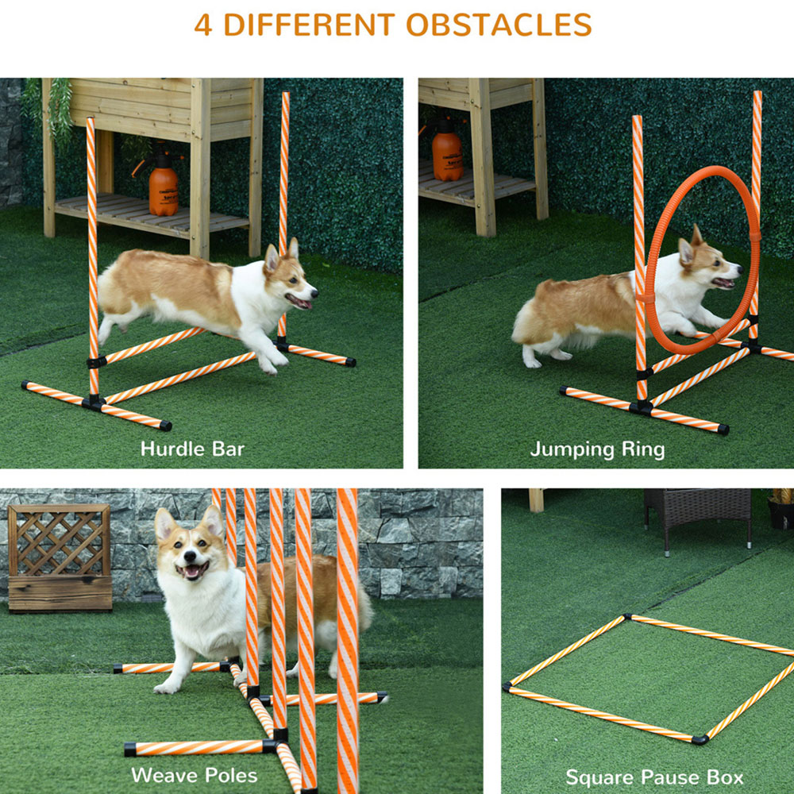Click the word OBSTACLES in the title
pyautogui.click(x=499, y=25)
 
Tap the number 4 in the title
pyautogui.click(x=202, y=25)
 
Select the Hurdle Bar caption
pyautogui.click(x=192, y=449)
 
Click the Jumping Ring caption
pyautogui.click(x=598, y=449)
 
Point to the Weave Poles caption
pyautogui.click(x=195, y=775)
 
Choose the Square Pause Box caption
pyautogui.click(x=654, y=777)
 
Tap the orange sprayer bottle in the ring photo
pyautogui.click(x=447, y=152)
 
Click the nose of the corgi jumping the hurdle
pyautogui.click(x=314, y=292)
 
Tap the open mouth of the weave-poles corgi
pyautogui.click(x=191, y=570)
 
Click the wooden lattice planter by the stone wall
pyautogui.click(x=60, y=557)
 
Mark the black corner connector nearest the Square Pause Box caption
pyautogui.click(x=700, y=740)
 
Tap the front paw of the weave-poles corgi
pyautogui.click(x=166, y=687)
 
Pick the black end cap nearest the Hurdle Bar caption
pyautogui.click(x=166, y=426)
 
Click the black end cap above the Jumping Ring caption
pyautogui.click(x=723, y=430)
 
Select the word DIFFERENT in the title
pyautogui.click(x=309, y=25)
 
